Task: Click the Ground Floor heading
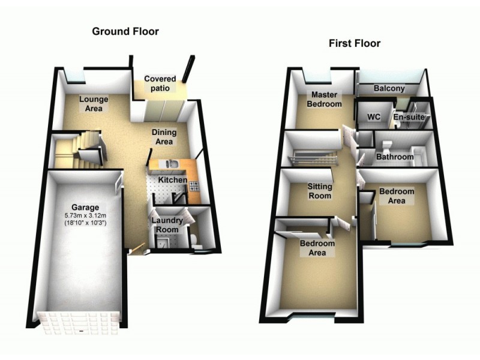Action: click(x=125, y=31)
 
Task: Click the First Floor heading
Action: click(x=354, y=43)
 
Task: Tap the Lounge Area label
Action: click(x=93, y=104)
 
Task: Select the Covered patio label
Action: click(x=160, y=84)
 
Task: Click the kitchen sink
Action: click(x=170, y=163)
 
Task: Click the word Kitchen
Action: click(x=173, y=180)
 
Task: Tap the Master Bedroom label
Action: click(x=325, y=100)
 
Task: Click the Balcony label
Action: click(x=389, y=89)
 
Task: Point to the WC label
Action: click(x=367, y=117)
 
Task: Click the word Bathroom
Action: click(x=394, y=157)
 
